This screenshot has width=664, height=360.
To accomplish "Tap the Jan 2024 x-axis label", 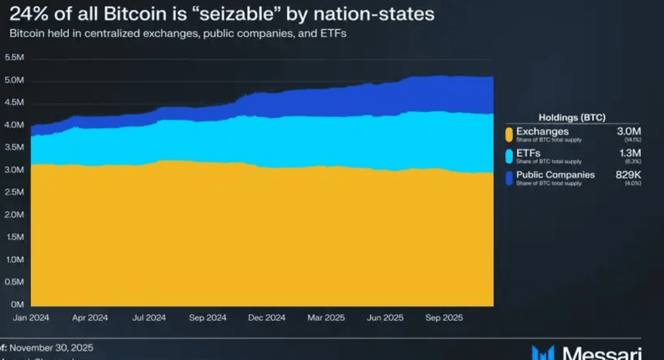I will (30, 318).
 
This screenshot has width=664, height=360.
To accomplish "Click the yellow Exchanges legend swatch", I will (509, 133).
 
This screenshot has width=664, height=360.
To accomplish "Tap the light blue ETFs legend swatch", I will (509, 155).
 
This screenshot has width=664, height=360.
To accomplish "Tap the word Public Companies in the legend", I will (555, 174).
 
